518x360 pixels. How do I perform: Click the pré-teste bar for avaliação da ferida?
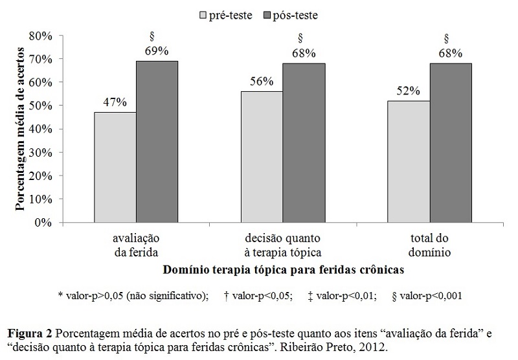pyautogui.click(x=115, y=167)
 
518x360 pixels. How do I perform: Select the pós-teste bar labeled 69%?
pyautogui.click(x=157, y=141)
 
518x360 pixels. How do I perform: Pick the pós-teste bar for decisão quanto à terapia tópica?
pyautogui.click(x=303, y=142)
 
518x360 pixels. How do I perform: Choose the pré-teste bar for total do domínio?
pyautogui.click(x=409, y=161)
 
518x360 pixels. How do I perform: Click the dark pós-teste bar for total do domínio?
pyautogui.click(x=451, y=142)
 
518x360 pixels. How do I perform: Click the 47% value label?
pyautogui.click(x=115, y=102)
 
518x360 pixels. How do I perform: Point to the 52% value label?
pyautogui.click(x=409, y=91)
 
